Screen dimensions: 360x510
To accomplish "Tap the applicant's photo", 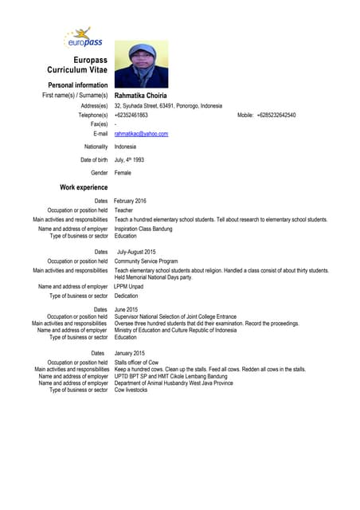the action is (x=141, y=65).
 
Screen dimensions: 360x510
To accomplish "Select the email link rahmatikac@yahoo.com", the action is (x=141, y=134).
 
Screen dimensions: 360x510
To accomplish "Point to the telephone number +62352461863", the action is (x=131, y=115).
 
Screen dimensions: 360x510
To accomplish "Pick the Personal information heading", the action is (x=77, y=84).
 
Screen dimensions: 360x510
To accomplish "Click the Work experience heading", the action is (x=84, y=187).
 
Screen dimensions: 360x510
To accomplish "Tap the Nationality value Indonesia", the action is (x=125, y=147).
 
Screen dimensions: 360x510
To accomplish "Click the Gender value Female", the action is (x=123, y=173).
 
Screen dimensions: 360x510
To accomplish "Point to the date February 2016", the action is (x=130, y=201).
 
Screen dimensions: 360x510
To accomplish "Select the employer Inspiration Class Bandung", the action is (x=143, y=229).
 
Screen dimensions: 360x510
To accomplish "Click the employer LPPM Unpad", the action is (x=130, y=286).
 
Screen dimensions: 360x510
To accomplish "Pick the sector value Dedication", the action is (x=126, y=296).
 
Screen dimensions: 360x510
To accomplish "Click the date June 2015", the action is (x=126, y=309).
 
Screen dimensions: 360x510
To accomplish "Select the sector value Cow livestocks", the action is (x=131, y=390).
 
